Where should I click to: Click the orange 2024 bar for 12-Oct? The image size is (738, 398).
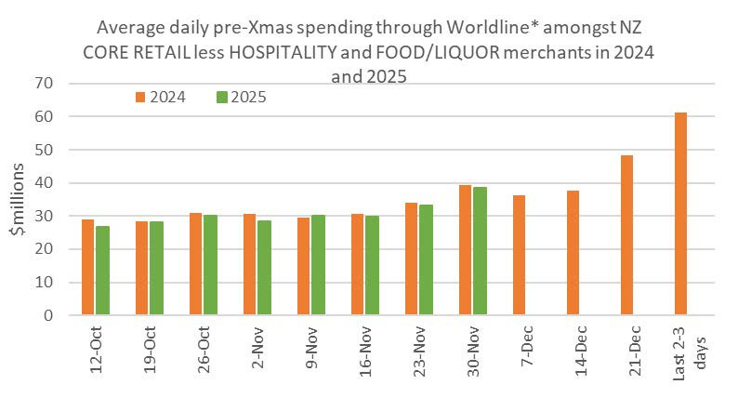(x=87, y=267)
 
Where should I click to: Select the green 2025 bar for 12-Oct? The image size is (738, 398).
(x=102, y=271)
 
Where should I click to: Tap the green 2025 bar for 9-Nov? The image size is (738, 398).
(x=318, y=265)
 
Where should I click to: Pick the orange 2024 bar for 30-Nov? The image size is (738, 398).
(x=465, y=250)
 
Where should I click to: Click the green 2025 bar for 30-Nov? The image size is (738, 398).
(x=481, y=251)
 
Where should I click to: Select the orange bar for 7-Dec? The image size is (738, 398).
(x=520, y=256)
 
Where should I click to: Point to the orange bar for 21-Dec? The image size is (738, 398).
(x=626, y=235)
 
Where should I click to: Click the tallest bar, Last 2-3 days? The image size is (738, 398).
(x=680, y=214)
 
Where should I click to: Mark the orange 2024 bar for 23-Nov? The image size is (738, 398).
(x=411, y=259)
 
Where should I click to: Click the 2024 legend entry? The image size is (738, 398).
(x=161, y=97)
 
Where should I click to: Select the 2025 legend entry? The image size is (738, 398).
(x=242, y=97)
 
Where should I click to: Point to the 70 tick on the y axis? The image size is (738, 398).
(x=44, y=84)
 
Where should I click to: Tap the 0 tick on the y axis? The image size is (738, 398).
(x=48, y=315)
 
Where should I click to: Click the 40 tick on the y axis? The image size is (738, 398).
(x=44, y=183)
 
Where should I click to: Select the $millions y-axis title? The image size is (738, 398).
(x=18, y=199)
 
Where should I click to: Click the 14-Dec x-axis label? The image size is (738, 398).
(x=581, y=351)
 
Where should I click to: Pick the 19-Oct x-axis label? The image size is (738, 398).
(x=150, y=350)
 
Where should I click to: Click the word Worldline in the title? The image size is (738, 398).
(x=492, y=27)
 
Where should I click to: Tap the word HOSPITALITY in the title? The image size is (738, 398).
(x=283, y=52)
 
